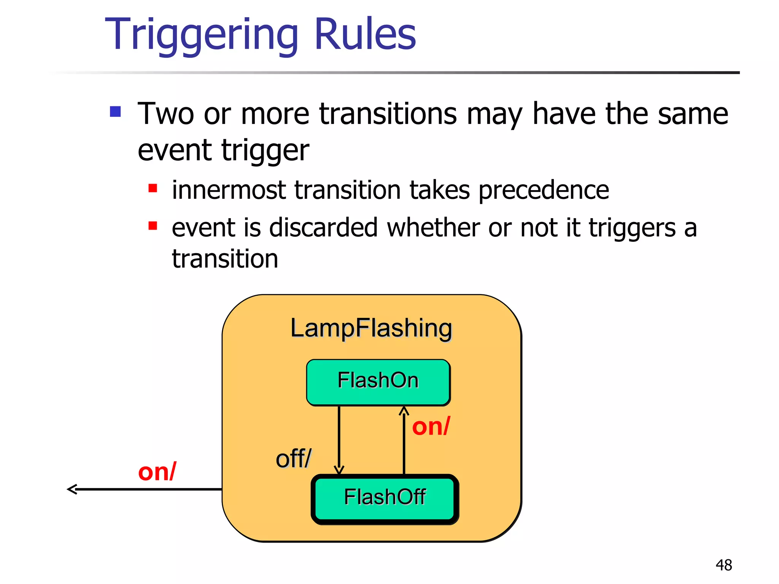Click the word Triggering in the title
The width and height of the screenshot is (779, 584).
click(201, 35)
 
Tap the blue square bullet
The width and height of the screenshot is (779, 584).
click(115, 112)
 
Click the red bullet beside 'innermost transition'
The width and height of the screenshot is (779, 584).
click(153, 188)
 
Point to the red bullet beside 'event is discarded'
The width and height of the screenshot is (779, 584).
click(153, 226)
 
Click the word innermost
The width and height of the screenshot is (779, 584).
click(229, 190)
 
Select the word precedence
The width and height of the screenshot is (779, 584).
click(544, 190)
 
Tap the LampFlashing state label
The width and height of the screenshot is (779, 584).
click(371, 328)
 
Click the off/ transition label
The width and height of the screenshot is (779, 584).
click(293, 459)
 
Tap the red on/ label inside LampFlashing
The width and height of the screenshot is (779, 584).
click(431, 426)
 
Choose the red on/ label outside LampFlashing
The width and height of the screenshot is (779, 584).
click(157, 472)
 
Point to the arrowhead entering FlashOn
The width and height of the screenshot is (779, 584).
click(404, 411)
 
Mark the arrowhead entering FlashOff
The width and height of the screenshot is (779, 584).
click(339, 470)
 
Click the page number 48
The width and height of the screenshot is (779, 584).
click(723, 565)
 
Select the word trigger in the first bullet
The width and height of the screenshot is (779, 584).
click(265, 151)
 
